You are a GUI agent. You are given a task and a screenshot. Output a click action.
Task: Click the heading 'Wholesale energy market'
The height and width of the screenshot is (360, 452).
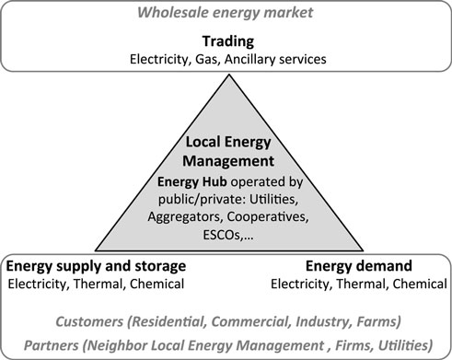226,13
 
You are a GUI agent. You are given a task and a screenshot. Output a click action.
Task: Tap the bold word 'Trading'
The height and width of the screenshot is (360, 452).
226,41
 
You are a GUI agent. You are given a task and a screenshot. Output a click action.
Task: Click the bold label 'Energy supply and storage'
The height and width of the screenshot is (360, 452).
96,266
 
